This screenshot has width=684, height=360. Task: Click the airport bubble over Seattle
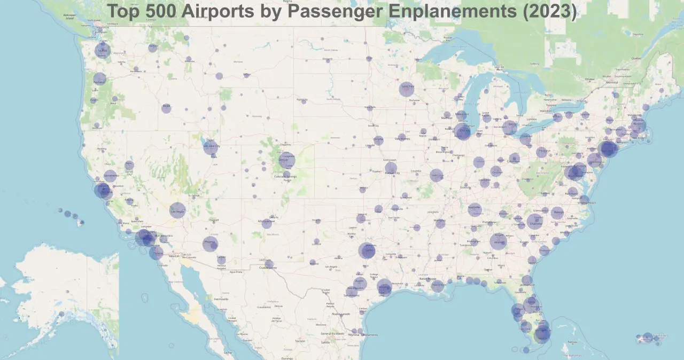102,51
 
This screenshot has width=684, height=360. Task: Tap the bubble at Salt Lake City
211,147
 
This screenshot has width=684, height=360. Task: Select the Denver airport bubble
286,160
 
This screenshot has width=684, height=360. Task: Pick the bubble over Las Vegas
177,210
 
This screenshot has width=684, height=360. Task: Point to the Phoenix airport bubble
210,244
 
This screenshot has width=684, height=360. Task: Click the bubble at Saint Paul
406,89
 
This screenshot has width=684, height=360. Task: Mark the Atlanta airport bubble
498,241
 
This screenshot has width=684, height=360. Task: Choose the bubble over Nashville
475,209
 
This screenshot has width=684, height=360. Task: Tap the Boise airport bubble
166,108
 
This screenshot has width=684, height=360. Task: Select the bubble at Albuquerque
267,223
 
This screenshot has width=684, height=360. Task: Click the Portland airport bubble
99,80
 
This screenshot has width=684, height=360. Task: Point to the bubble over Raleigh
557,213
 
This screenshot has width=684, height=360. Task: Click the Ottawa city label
589,79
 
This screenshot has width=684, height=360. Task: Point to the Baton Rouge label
428,279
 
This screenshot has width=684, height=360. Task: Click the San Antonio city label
351,295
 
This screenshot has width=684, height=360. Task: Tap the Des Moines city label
403,138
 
